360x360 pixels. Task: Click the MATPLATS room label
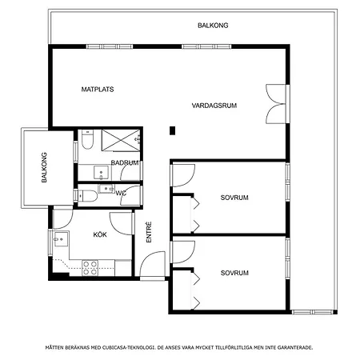coord(98,90)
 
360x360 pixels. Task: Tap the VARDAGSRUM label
coord(214,106)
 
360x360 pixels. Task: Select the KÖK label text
coord(100,234)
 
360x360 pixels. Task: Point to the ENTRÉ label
coord(149,232)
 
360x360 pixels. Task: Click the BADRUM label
coord(125,162)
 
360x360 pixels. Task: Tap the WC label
coord(121,193)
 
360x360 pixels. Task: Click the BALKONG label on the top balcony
coord(213,26)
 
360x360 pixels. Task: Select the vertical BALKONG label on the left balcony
coord(44,167)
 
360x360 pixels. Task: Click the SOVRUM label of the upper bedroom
coord(234,198)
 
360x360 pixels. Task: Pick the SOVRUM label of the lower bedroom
coord(234,273)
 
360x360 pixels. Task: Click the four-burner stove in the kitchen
coord(90,268)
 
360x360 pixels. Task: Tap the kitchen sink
coord(61,238)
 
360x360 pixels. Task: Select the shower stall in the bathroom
coord(121,140)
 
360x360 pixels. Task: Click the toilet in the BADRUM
coord(87,139)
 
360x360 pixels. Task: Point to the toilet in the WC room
coord(88,196)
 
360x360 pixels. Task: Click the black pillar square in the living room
coord(173,130)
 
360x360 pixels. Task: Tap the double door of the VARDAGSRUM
coord(276,104)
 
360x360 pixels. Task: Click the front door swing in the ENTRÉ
coord(153,264)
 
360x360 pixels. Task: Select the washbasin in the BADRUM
coord(101,172)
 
